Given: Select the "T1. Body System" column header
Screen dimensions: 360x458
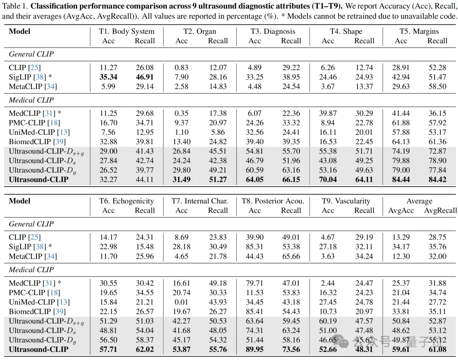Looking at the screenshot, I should [x=126, y=31].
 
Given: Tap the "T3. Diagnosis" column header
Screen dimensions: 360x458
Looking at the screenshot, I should [x=272, y=31].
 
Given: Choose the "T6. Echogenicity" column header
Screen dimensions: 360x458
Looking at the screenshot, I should [x=126, y=201].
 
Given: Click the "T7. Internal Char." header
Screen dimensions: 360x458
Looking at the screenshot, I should [x=199, y=201].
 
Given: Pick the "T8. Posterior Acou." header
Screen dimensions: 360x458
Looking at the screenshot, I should [x=272, y=201].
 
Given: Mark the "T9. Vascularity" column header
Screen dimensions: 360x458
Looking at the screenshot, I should [x=346, y=201].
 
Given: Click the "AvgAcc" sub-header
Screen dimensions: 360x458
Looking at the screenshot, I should [x=401, y=210].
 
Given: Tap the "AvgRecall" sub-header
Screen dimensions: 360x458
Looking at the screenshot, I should [x=440, y=210].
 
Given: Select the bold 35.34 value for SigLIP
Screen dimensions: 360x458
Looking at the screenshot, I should [x=109, y=77].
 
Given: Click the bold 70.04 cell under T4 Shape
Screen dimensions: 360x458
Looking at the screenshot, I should [x=328, y=179].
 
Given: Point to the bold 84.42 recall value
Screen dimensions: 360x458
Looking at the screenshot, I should [x=437, y=179].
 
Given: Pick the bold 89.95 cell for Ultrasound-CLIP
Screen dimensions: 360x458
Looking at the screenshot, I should [x=254, y=349].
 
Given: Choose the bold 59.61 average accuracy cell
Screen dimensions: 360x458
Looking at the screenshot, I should [x=401, y=349].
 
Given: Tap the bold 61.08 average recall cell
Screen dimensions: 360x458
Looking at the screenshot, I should [x=437, y=349].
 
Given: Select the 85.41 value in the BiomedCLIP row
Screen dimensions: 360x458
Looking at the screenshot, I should [x=254, y=312].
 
